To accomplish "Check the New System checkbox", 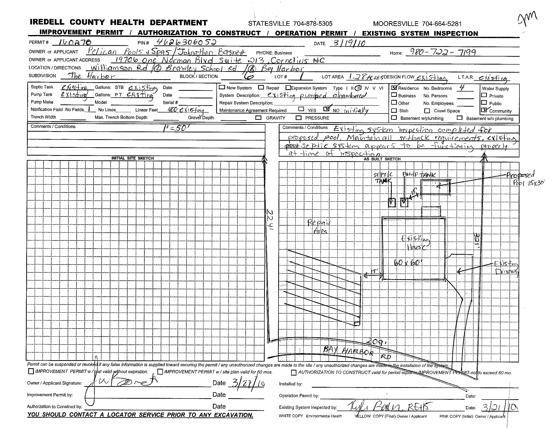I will pyautogui.click(x=222, y=87).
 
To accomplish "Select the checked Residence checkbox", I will pyautogui.click(x=394, y=88).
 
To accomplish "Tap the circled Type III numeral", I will pyautogui.click(x=358, y=88).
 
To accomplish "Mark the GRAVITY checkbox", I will pyautogui.click(x=258, y=118).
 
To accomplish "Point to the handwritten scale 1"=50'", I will pyautogui.click(x=176, y=129).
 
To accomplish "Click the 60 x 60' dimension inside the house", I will pyautogui.click(x=408, y=263).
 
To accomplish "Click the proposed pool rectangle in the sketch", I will pyautogui.click(x=435, y=187).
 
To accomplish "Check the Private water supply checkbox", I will pyautogui.click(x=484, y=96).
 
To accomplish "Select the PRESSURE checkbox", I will pyautogui.click(x=299, y=118).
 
